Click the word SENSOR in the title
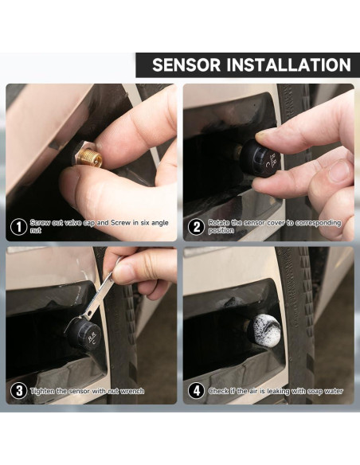(x=186, y=64)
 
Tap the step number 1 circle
(x=18, y=227)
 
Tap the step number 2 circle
(x=196, y=227)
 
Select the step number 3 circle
(x=18, y=391)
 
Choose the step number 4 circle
(x=196, y=391)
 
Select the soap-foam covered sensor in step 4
(x=264, y=330)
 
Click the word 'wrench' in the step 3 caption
(x=133, y=391)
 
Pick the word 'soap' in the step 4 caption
(x=315, y=391)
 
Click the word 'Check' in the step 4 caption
(x=218, y=391)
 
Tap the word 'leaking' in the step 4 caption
(x=278, y=392)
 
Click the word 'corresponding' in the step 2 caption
(x=319, y=223)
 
